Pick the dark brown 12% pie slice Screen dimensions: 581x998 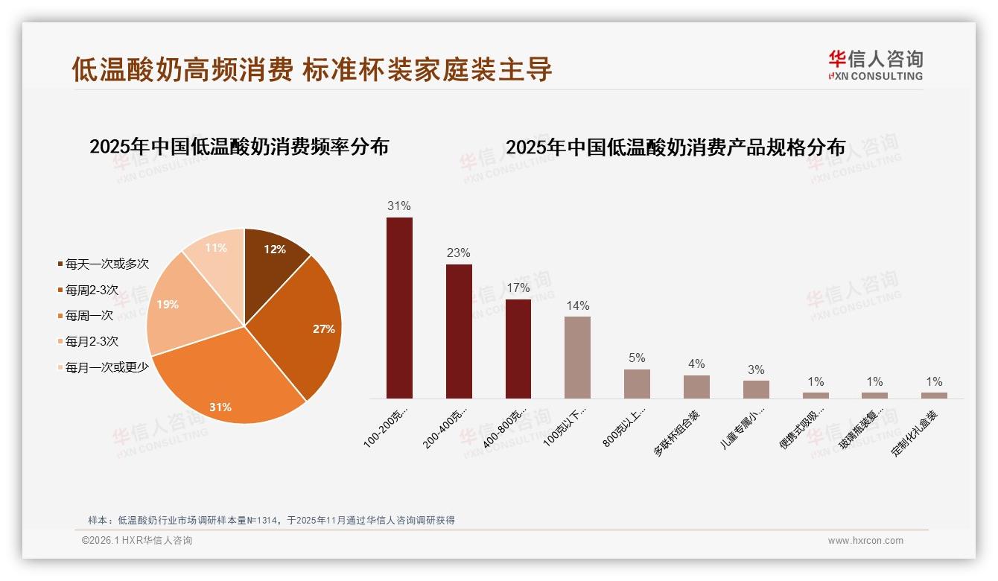coord(272,253)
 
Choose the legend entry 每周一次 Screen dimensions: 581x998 coord(89,315)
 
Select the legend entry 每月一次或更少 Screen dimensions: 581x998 coord(107,367)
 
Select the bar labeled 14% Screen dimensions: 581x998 coord(577,358)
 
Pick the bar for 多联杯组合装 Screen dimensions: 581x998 coord(696,387)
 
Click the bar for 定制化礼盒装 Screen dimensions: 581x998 coord(934,396)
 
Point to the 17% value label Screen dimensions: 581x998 coord(518,288)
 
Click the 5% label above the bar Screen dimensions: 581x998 coord(637,358)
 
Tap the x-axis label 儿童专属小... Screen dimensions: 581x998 coord(745,428)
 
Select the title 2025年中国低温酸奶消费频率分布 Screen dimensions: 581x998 coord(239,147)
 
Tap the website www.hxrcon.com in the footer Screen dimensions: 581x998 coord(865,541)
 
